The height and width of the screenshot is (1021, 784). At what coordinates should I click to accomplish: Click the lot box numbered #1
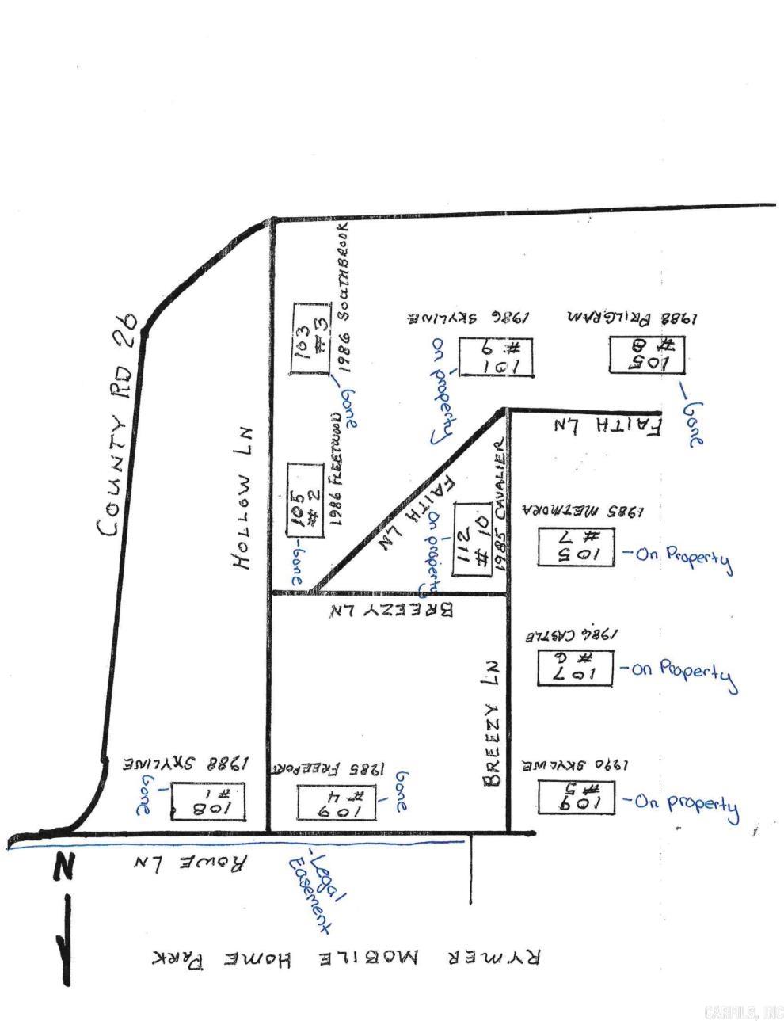[x=207, y=802]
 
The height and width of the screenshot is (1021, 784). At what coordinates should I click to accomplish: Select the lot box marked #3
[x=311, y=338]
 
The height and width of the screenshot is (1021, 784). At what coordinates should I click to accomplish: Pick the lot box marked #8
[x=646, y=355]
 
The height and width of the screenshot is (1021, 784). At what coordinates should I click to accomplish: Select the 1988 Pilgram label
[x=631, y=318]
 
